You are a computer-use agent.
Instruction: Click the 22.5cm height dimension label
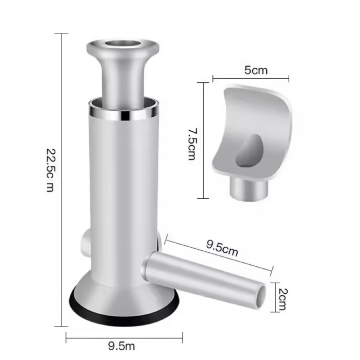pyautogui.click(x=51, y=170)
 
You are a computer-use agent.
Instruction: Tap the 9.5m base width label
pyautogui.click(x=122, y=346)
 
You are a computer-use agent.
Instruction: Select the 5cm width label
pyautogui.click(x=256, y=70)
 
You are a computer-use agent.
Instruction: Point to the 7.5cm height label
pyautogui.click(x=192, y=144)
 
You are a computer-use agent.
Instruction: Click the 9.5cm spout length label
pyautogui.click(x=222, y=248)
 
